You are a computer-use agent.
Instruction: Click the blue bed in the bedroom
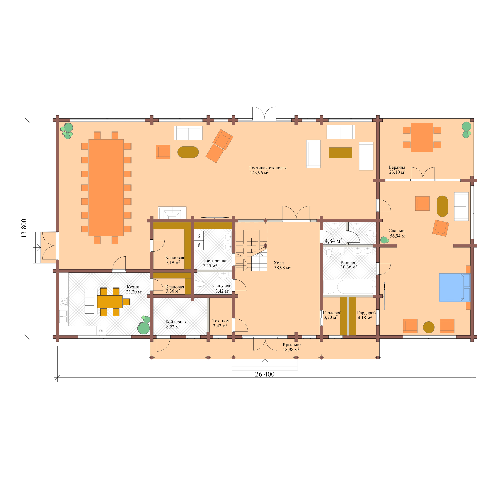click(454, 287)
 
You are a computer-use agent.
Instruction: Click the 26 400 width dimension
click(264, 374)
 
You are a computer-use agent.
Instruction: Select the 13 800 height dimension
click(24, 228)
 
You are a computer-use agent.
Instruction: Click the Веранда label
click(397, 167)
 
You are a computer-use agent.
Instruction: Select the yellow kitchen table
click(110, 301)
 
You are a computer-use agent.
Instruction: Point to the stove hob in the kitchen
click(64, 302)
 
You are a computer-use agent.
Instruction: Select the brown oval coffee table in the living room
click(188, 152)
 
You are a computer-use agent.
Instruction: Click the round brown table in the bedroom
click(428, 327)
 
